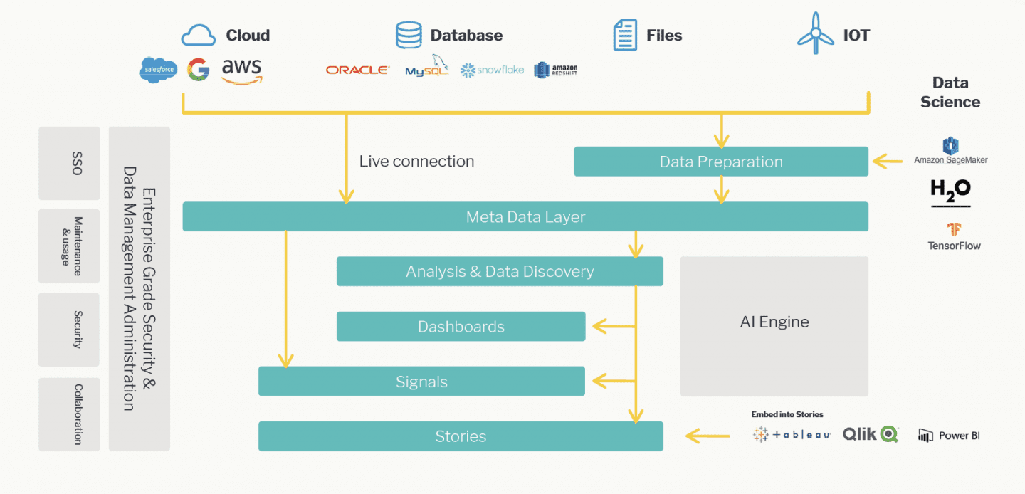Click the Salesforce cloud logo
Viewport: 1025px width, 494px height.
[x=158, y=70]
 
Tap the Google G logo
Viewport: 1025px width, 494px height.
[x=198, y=70]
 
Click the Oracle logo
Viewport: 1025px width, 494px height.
[x=357, y=70]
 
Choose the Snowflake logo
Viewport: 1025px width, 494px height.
[x=492, y=70]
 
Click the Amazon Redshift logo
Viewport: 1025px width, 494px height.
[x=556, y=70]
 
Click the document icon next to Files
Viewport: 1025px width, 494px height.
[x=625, y=35]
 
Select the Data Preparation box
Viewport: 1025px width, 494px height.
[x=720, y=162]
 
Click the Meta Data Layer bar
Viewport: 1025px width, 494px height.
[x=525, y=216]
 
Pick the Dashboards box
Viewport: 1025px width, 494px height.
[x=461, y=327]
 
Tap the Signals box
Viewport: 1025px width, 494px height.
[x=421, y=382]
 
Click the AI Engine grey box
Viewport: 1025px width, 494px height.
[x=774, y=326]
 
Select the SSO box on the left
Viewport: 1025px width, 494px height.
[x=69, y=163]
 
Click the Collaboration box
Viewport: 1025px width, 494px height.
[x=69, y=414]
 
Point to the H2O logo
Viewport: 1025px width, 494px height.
[x=950, y=191]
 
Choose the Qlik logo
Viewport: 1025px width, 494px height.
[x=871, y=434]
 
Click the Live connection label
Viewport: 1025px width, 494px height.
[x=416, y=162]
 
